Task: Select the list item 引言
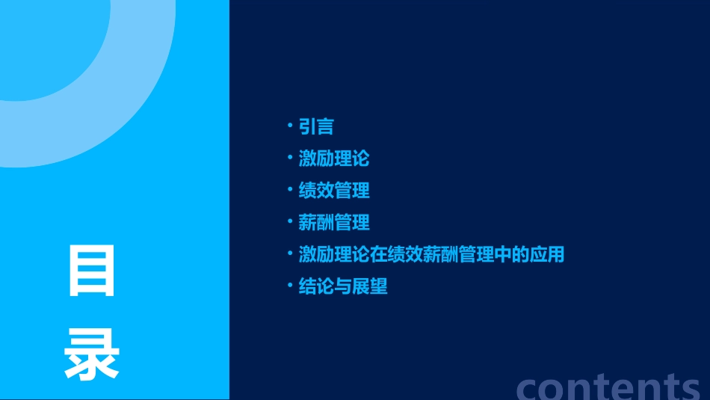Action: [x=316, y=127]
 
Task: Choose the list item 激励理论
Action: [x=334, y=159]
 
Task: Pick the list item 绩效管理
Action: [x=334, y=191]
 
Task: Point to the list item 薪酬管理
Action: [x=334, y=223]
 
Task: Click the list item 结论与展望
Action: [x=343, y=286]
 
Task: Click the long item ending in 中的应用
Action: [x=431, y=254]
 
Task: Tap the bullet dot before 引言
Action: [x=290, y=125]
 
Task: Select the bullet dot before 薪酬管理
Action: [x=290, y=221]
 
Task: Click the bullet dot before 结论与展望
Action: [x=290, y=284]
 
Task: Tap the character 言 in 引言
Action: [x=325, y=127]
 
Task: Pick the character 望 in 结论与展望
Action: [x=379, y=286]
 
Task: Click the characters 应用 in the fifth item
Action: [x=546, y=254]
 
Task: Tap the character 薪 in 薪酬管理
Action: [x=308, y=223]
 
